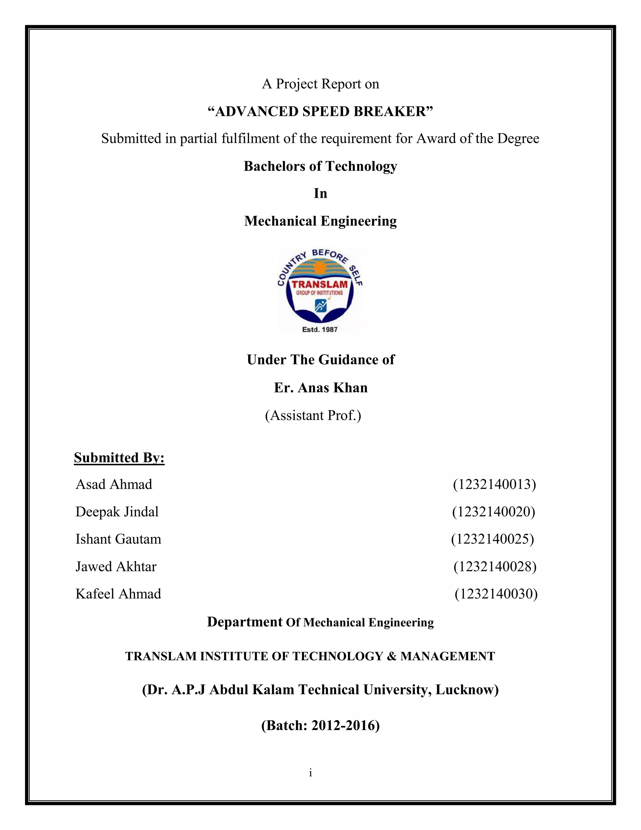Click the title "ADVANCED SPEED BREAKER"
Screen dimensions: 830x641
click(320, 112)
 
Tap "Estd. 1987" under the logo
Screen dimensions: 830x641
click(320, 329)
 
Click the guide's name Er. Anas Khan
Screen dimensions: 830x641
click(321, 388)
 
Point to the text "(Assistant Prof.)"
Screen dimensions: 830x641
click(313, 415)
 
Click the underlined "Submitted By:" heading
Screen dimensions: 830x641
click(119, 458)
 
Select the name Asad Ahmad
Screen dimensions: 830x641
click(114, 485)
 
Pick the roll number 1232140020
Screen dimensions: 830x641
click(493, 512)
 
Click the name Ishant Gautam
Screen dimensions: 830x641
click(118, 539)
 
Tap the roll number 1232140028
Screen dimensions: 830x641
click(495, 567)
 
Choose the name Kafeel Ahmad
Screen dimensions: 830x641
click(118, 594)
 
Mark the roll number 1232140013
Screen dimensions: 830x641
click(495, 485)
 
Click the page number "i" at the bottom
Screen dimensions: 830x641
click(310, 773)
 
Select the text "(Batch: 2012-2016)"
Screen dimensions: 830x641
click(320, 725)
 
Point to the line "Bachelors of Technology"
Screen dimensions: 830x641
click(320, 166)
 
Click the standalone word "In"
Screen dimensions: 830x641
click(320, 194)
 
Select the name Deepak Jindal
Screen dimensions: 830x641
click(117, 512)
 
